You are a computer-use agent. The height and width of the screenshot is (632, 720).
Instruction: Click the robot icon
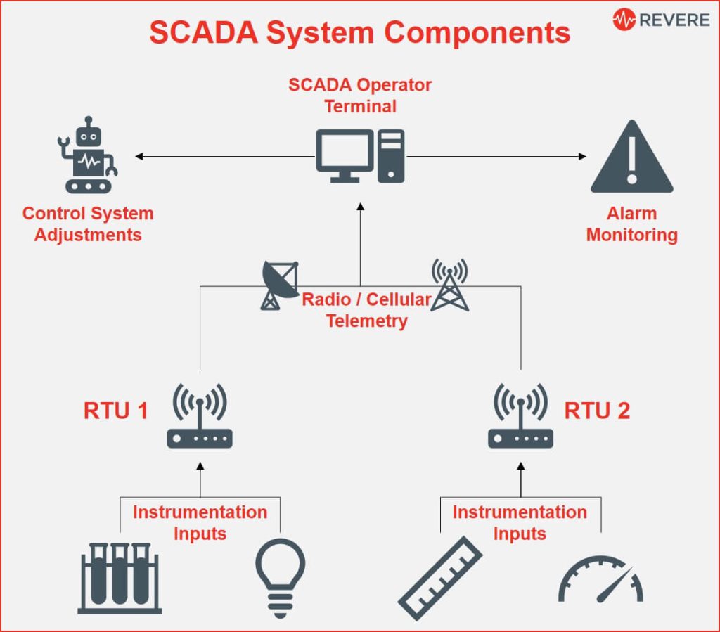[86, 156]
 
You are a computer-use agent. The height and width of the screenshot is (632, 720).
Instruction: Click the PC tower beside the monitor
[391, 155]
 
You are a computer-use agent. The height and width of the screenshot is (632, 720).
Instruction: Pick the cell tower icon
[449, 285]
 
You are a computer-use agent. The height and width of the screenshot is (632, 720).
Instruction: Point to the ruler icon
[440, 578]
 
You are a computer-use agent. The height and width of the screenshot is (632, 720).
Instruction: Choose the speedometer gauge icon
[600, 581]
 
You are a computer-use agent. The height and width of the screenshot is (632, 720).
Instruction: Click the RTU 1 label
[115, 411]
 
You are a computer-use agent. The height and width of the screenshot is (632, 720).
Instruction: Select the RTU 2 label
[597, 411]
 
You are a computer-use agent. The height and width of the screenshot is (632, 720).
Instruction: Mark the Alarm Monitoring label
[631, 224]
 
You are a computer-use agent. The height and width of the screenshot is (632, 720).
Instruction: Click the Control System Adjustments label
[88, 224]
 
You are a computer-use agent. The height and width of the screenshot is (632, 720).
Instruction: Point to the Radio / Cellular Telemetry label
[366, 310]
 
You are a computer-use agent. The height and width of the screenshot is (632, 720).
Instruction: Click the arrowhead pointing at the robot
[139, 156]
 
